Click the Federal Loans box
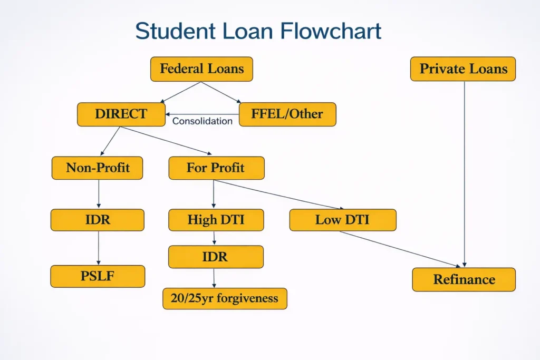201,69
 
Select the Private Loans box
463,69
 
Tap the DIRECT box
121,114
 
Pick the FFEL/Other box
287,114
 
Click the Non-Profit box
98,168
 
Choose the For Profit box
216,168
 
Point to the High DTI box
216,220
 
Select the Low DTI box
342,220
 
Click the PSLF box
98,276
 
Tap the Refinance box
464,279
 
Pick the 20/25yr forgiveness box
225,298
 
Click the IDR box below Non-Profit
98,220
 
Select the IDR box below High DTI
216,257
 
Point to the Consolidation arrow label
202,121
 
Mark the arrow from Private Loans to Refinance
464,174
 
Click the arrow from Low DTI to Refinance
401,249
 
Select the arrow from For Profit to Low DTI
279,194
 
